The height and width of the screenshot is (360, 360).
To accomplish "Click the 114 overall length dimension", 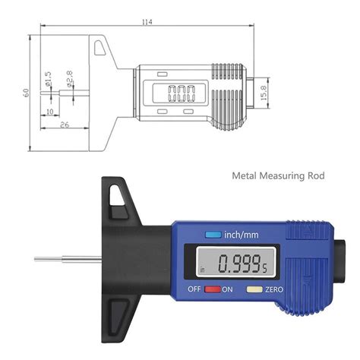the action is click(147, 22).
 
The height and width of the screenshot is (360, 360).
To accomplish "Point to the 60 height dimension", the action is click(26, 93).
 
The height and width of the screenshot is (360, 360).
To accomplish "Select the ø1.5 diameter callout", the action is click(48, 78).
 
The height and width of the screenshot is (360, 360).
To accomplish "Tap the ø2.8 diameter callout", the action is click(69, 79).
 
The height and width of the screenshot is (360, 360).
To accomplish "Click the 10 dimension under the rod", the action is click(50, 112).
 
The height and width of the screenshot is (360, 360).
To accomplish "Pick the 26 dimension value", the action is click(65, 125).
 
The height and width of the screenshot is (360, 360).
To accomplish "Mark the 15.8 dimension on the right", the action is click(264, 93).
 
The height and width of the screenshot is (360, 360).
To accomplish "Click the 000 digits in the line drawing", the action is click(182, 93).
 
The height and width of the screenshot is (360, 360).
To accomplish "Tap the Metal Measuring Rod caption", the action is click(278, 175).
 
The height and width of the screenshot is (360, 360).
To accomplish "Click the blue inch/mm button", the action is click(213, 235).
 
